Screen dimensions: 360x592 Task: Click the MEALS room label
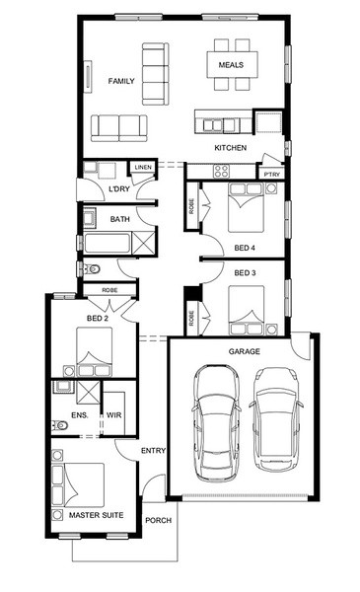[231, 65]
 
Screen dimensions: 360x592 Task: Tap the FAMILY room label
[121, 81]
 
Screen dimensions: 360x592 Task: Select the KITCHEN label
[231, 148]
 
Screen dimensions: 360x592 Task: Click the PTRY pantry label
[272, 174]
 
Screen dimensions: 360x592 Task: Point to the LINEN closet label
[143, 167]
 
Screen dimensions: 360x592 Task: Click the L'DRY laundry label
[119, 188]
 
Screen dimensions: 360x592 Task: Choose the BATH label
[120, 219]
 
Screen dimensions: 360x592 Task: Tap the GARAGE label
[245, 351]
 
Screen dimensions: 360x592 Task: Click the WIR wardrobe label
[114, 415]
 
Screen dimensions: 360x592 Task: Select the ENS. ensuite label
[80, 415]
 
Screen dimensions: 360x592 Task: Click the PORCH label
[159, 520]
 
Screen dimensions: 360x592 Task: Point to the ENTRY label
[153, 451]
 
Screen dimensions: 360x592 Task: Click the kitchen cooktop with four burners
[221, 171]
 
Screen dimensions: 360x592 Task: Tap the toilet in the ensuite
[59, 425]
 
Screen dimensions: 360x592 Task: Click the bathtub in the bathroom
[108, 244]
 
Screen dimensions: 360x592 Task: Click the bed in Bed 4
[246, 207]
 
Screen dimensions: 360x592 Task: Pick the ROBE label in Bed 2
[109, 290]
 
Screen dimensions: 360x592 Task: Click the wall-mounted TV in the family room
[89, 76]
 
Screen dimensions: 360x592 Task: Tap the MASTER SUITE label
[97, 515]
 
